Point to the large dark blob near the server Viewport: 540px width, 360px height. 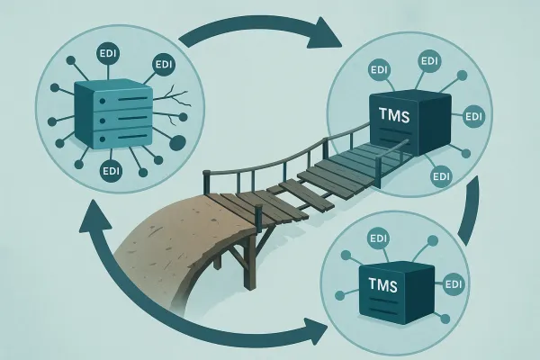coord(176,141)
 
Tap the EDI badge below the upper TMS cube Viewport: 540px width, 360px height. coord(441,175)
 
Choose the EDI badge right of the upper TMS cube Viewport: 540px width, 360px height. coord(471,117)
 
